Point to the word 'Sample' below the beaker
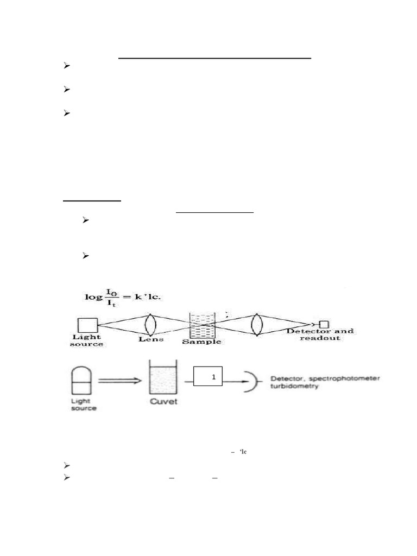pos(201,342)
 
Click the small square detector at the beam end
pos(324,324)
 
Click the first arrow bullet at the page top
pos(67,66)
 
